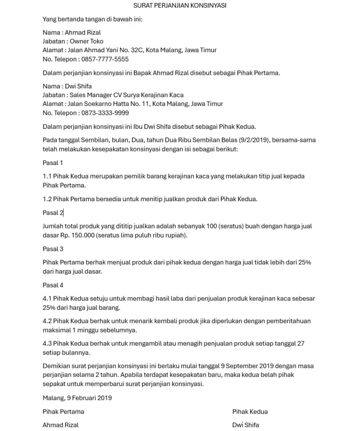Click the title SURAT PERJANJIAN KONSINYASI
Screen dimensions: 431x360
(180, 5)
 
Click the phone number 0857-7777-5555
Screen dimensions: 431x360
(105, 59)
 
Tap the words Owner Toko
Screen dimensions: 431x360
(86, 41)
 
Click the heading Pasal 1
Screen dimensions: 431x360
(53, 163)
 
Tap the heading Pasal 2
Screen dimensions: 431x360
(53, 213)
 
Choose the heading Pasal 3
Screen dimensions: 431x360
(53, 249)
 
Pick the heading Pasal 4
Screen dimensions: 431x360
(53, 285)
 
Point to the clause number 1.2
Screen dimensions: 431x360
(47, 199)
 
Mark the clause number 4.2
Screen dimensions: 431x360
(47, 321)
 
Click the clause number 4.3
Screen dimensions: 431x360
(47, 343)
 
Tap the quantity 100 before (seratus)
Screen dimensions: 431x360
(212, 226)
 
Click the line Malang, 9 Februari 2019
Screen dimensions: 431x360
(77, 398)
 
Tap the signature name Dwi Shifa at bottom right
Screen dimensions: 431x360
(246, 425)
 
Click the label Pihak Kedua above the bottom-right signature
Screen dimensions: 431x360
(250, 412)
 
